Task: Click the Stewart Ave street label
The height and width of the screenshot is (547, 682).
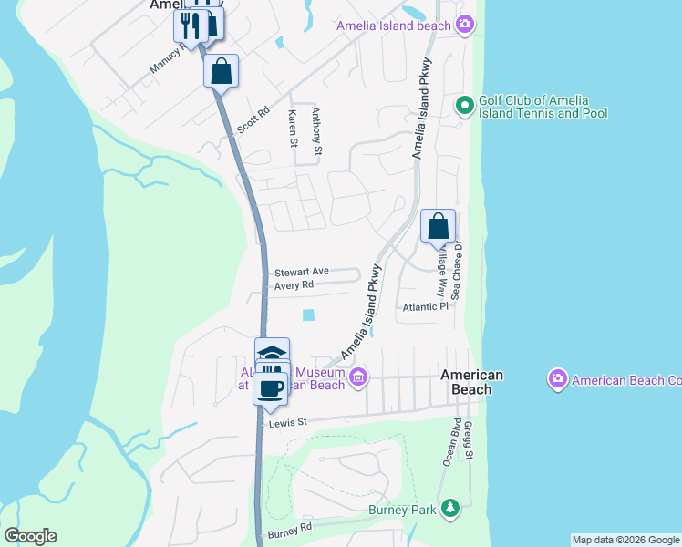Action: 301,272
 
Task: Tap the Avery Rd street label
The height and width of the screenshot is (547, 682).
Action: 294,285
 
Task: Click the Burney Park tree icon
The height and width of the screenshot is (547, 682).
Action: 449,509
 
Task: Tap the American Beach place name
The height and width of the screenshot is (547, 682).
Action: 471,382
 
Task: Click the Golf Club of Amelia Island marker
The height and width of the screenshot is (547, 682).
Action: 464,107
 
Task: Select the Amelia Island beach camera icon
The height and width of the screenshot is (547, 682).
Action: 465,26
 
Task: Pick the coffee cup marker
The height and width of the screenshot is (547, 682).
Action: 270,387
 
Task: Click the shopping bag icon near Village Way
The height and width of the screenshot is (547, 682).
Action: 439,225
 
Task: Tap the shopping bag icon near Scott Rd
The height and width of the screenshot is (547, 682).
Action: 221,70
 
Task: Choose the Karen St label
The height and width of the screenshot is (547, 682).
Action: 293,127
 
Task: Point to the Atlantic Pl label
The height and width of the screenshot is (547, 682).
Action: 427,307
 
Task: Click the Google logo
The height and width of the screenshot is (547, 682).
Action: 30,536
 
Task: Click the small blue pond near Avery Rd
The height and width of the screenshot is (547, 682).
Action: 308,315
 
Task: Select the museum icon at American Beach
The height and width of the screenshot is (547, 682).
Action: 358,377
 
